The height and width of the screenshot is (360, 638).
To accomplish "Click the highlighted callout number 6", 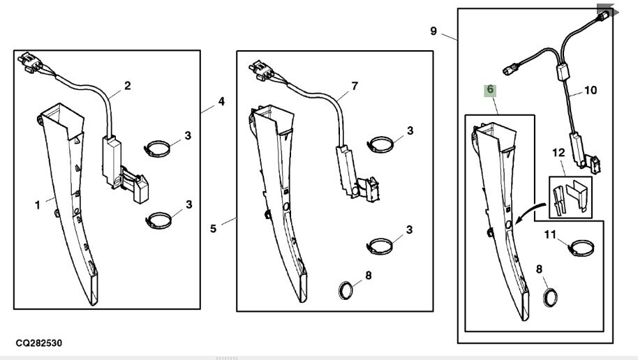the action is point(490,90).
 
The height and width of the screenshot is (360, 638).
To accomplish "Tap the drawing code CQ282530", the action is point(39,343).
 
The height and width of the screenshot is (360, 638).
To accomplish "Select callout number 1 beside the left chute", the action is point(38,204).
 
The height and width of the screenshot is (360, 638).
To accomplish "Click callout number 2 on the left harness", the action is point(128,86).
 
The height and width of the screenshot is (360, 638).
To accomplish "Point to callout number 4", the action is point(221,101).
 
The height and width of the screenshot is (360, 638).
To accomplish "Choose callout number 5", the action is point(213,229).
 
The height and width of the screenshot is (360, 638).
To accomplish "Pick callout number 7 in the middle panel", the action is point(355,87).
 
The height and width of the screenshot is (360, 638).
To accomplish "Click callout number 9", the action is point(433,31).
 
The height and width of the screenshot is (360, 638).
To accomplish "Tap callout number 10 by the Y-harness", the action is point(591,90).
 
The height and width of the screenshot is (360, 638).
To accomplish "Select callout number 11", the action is point(550,234).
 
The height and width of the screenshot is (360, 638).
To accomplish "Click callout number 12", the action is point(558,153).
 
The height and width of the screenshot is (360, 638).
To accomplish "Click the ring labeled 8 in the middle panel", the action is point(346,290).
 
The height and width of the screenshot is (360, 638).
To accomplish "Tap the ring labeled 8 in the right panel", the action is point(550,297).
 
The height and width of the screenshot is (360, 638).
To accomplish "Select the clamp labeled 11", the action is point(581,249).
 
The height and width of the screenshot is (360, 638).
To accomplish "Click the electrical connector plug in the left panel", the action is point(30,63).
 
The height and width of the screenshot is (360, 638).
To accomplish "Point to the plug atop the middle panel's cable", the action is point(262,70).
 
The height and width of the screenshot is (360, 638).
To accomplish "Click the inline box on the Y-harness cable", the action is point(563,72).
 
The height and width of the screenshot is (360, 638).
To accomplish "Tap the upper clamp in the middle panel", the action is point(380,144).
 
